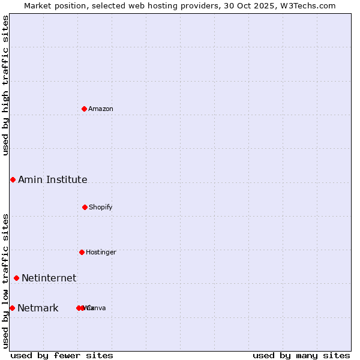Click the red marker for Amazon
click(x=85, y=109)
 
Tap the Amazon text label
click(x=101, y=109)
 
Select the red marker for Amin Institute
click(x=13, y=179)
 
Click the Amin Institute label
click(x=52, y=179)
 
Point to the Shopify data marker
click(x=85, y=207)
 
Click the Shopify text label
click(x=101, y=207)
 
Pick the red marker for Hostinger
click(x=82, y=252)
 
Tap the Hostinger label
click(x=101, y=252)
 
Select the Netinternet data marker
click(x=16, y=278)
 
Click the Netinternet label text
click(x=49, y=278)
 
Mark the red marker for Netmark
click(x=12, y=308)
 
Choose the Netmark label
click(x=38, y=308)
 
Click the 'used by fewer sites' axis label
click(x=62, y=355)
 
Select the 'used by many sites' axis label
click(x=301, y=355)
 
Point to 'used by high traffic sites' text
click(x=5, y=85)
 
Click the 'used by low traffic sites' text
click(x=5, y=281)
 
